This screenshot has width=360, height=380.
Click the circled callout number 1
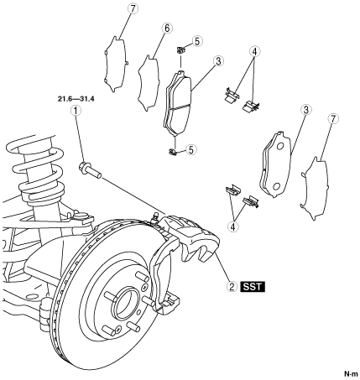[76, 111]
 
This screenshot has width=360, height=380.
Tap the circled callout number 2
[232, 287]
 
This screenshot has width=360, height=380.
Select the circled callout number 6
[167, 29]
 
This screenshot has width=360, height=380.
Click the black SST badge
[252, 287]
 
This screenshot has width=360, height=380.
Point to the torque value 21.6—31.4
[76, 99]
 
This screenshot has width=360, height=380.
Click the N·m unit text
[351, 374]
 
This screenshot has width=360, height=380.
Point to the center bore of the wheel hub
[126, 304]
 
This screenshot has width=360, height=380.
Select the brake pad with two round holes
[276, 164]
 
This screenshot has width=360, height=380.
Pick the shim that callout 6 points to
[149, 83]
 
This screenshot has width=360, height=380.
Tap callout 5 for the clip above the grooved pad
[197, 41]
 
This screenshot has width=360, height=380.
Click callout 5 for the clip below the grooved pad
[191, 149]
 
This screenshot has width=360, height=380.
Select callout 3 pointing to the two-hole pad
[306, 110]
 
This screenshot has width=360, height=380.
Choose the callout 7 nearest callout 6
[133, 9]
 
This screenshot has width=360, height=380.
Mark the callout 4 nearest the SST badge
[233, 226]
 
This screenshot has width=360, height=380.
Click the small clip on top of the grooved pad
[180, 50]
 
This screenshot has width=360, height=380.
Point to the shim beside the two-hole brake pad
[316, 188]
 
